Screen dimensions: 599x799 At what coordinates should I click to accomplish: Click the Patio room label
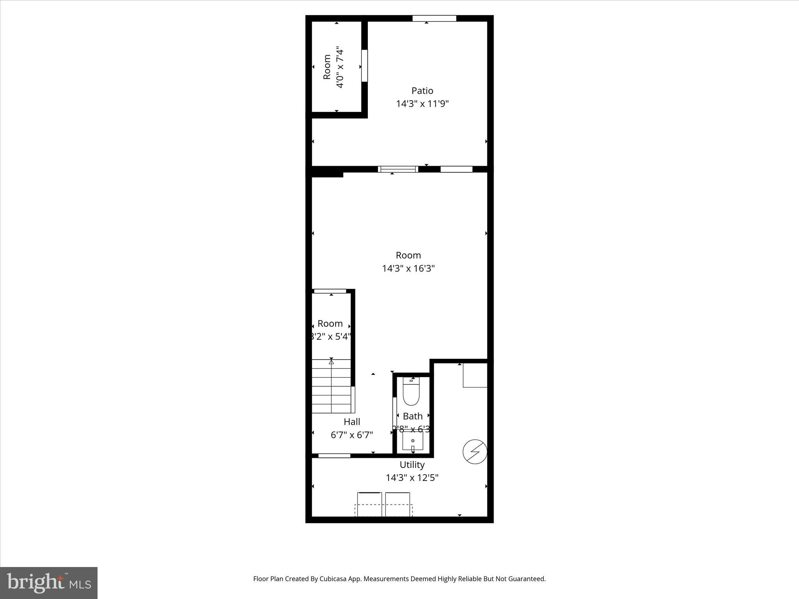pos(422,91)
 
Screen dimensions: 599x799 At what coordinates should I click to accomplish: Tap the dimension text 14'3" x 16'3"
pos(408,269)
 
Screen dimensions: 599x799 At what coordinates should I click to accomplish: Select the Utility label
pos(412,465)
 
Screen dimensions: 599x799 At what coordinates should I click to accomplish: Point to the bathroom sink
pos(412,442)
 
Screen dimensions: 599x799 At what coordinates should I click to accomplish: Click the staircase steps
pos(331,386)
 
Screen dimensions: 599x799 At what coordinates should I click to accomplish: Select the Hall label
pos(352,422)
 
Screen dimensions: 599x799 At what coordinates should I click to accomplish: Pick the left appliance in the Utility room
pos(369,504)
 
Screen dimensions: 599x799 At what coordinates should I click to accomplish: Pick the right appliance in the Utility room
pos(398,504)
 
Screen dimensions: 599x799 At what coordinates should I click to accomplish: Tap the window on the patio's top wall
pos(434,18)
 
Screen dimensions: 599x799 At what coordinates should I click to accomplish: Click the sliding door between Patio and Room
pos(398,169)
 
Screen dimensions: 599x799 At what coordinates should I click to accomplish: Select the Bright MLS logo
pos(49,583)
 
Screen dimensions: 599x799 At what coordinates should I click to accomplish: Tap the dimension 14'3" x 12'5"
pos(412,478)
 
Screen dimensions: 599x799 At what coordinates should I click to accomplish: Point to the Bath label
pos(412,416)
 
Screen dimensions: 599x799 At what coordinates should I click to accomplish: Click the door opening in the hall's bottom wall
pos(334,455)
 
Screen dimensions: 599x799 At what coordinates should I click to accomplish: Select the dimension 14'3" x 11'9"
pos(422,104)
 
